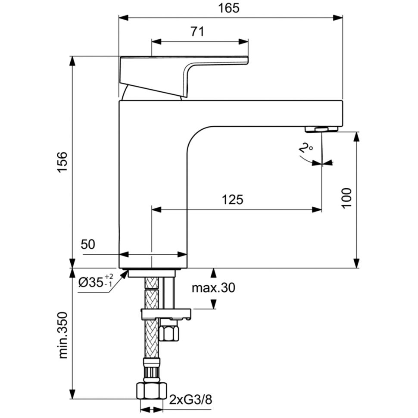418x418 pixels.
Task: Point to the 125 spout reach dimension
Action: pyautogui.click(x=233, y=199)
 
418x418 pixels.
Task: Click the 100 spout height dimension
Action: pyautogui.click(x=347, y=198)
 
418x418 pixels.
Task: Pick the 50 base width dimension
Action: pyautogui.click(x=88, y=244)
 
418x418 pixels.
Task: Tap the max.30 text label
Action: pyautogui.click(x=214, y=287)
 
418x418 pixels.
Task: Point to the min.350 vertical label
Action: pyautogui.click(x=63, y=335)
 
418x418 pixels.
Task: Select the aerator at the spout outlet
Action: pyautogui.click(x=322, y=129)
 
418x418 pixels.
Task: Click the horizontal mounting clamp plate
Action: pyautogui.click(x=166, y=313)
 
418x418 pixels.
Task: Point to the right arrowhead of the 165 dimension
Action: pyautogui.click(x=338, y=18)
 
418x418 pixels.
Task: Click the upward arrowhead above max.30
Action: pyautogui.click(x=213, y=272)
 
